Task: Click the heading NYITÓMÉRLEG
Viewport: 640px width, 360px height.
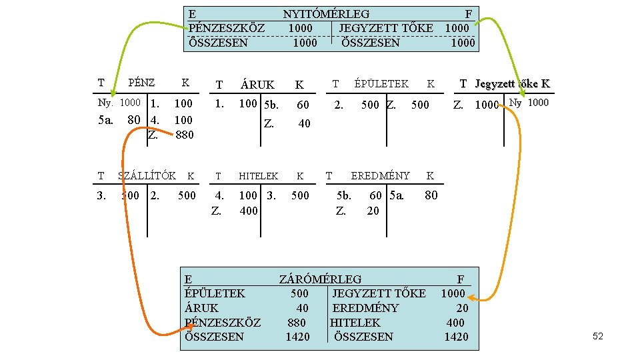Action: pyautogui.click(x=326, y=14)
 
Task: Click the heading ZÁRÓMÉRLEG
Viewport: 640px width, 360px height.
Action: pyautogui.click(x=320, y=279)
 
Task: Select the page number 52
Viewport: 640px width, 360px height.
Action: pyautogui.click(x=597, y=337)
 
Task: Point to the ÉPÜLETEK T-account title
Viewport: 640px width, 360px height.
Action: pyautogui.click(x=381, y=83)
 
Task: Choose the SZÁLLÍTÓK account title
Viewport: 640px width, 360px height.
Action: pyautogui.click(x=147, y=176)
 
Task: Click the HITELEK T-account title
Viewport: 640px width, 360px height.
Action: pyautogui.click(x=259, y=176)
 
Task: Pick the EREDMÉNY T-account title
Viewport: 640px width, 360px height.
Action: pyautogui.click(x=380, y=175)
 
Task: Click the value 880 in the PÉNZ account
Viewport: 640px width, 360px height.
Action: pyautogui.click(x=184, y=135)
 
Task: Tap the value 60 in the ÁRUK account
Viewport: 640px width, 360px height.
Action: pyautogui.click(x=303, y=105)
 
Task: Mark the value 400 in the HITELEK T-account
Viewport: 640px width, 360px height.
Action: pyautogui.click(x=249, y=211)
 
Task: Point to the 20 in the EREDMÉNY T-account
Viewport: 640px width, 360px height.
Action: pyautogui.click(x=373, y=211)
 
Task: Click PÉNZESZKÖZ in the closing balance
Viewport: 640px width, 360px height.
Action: pyautogui.click(x=223, y=323)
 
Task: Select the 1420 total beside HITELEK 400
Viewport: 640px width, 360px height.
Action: pyautogui.click(x=456, y=337)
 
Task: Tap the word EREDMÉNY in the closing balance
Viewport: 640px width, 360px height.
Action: pyautogui.click(x=365, y=308)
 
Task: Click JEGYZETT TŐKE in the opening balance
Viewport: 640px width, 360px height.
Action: pyautogui.click(x=386, y=28)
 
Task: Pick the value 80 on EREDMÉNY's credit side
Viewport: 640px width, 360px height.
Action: pyautogui.click(x=431, y=195)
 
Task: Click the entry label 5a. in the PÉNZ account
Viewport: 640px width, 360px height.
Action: pyautogui.click(x=106, y=120)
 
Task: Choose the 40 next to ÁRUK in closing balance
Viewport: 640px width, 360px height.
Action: pyautogui.click(x=303, y=308)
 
